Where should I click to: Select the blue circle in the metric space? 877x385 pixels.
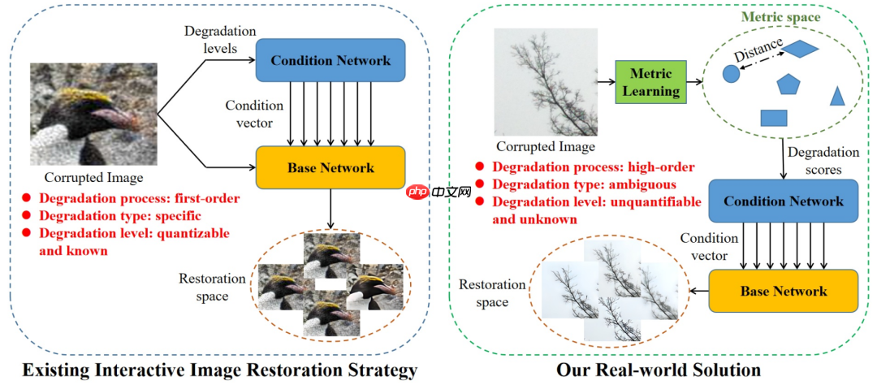tap(731, 74)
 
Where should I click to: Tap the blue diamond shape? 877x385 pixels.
tap(801, 50)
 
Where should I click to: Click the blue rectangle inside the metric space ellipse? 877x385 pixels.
tap(774, 118)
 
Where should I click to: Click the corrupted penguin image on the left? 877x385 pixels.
tap(92, 114)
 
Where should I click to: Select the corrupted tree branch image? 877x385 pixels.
tap(546, 81)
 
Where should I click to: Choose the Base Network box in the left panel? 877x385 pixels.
tap(330, 168)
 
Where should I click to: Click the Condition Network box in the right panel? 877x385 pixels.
tap(783, 201)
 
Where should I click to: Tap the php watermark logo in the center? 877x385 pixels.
tap(439, 192)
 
